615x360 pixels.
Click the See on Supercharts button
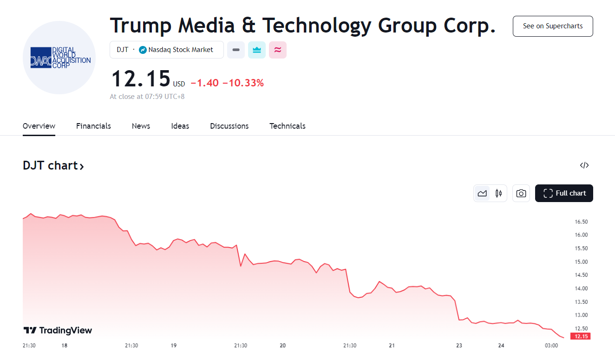(x=553, y=26)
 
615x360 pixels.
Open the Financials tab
(x=93, y=126)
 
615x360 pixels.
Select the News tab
(x=141, y=126)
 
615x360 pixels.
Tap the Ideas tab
(x=180, y=126)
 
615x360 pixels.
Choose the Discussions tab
(x=229, y=126)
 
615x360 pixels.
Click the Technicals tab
(x=287, y=126)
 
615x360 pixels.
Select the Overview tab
(x=39, y=126)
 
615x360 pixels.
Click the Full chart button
(x=564, y=193)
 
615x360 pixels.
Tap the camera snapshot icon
(x=521, y=193)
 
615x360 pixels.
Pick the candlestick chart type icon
(x=498, y=193)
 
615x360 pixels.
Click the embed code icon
(x=584, y=165)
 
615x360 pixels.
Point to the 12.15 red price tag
(x=581, y=336)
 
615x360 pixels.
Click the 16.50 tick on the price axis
(x=581, y=222)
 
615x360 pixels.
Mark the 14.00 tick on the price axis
(x=581, y=288)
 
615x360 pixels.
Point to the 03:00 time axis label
(x=551, y=346)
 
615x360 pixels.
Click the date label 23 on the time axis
(x=459, y=346)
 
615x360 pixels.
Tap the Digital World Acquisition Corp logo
(x=59, y=58)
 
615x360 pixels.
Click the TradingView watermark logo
(x=58, y=330)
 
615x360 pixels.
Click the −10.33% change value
(x=243, y=83)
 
